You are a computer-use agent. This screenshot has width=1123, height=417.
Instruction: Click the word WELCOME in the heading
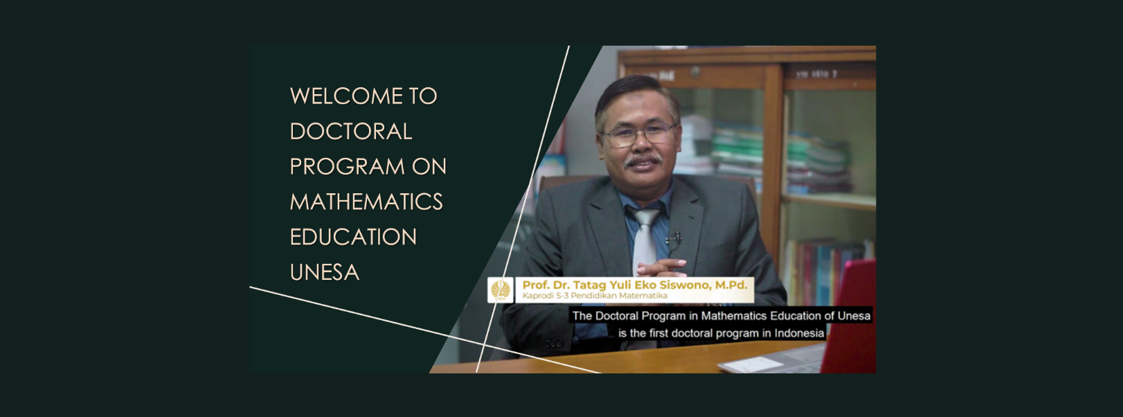[x=346, y=96]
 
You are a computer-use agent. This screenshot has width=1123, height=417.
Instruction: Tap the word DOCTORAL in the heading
[x=351, y=132]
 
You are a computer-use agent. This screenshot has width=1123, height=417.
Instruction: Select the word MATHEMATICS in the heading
[x=366, y=202]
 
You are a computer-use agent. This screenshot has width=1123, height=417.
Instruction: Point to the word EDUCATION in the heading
[x=353, y=237]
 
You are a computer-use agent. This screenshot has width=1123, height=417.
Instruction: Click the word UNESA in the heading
[x=324, y=272]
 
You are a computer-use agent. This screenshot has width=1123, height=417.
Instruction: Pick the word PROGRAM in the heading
[x=347, y=167]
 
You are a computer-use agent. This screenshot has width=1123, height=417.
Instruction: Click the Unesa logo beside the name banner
[x=501, y=290]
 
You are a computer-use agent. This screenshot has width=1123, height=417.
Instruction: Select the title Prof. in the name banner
[x=536, y=285]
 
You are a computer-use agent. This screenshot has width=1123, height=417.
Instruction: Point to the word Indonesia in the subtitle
[x=799, y=333]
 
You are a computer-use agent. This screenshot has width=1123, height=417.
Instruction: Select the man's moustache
[x=643, y=161]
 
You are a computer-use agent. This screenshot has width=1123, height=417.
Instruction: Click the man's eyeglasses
[x=639, y=134]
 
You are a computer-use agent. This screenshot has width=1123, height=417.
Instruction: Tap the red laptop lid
[x=850, y=315]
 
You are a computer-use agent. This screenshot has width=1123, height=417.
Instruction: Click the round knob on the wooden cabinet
[x=695, y=72]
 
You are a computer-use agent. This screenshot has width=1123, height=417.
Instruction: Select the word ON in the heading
[x=429, y=167]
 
